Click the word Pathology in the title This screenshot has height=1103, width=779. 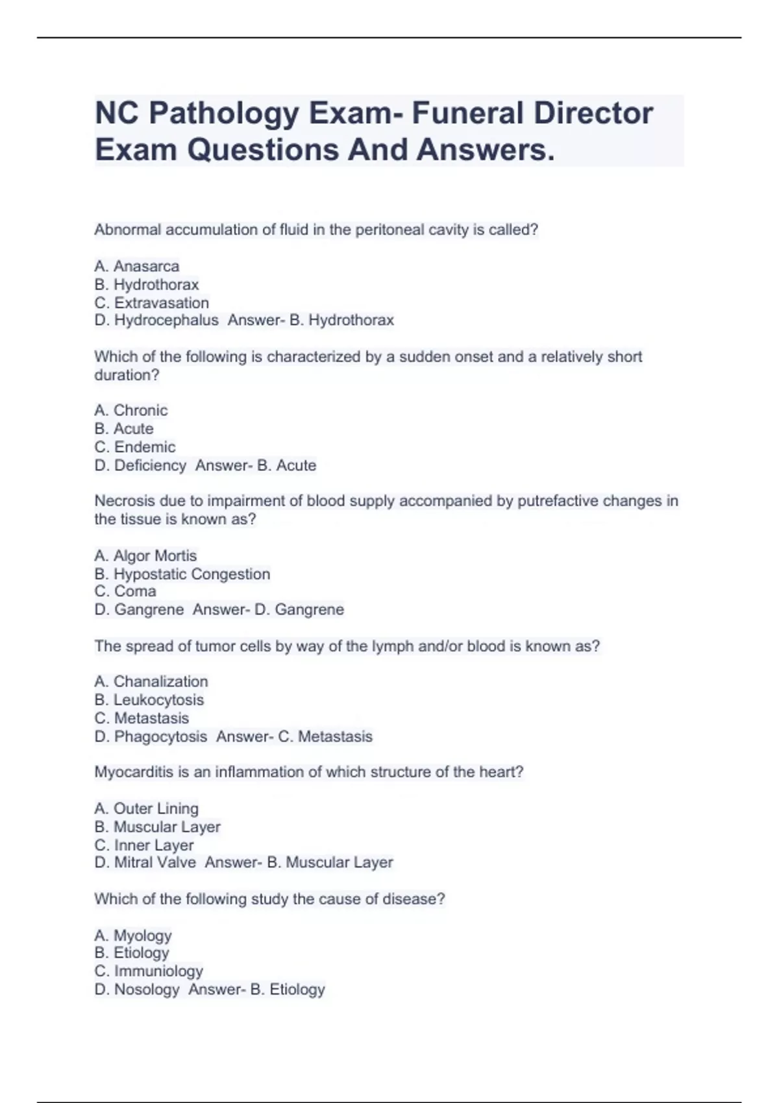[x=224, y=114]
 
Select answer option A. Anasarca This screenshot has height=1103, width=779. [x=137, y=266]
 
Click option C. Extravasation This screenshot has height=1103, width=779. [x=152, y=303]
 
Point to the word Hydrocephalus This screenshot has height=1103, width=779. [x=166, y=320]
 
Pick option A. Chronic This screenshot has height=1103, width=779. [x=131, y=410]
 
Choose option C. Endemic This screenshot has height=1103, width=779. [x=135, y=447]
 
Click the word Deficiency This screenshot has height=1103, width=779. [x=150, y=465]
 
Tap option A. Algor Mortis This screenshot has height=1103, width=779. [x=145, y=555]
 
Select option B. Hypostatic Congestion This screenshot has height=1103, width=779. [x=182, y=574]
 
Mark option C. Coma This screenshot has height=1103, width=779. [x=125, y=591]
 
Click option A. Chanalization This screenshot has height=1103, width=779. [x=151, y=681]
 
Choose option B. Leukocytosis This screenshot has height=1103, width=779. [x=149, y=699]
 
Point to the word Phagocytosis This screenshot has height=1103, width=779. [x=160, y=736]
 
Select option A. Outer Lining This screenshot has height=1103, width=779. [x=147, y=808]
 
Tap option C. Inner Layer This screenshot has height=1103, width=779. [x=144, y=845]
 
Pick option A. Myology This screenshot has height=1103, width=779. [x=133, y=935]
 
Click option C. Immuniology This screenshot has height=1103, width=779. [x=149, y=971]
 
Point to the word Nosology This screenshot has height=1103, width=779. [x=147, y=989]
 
